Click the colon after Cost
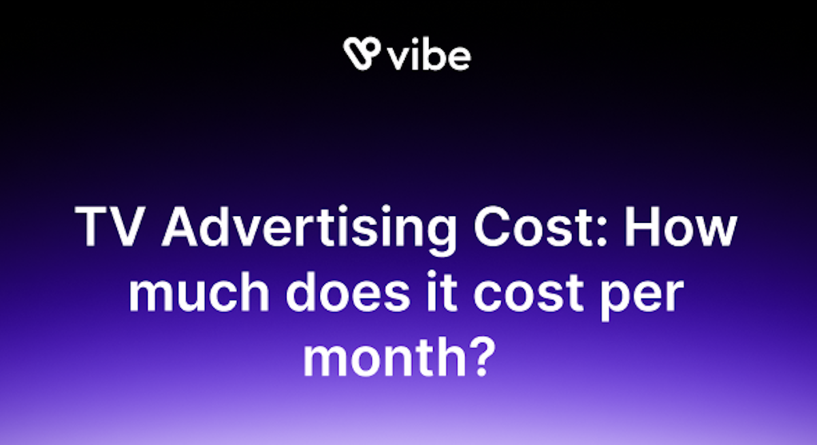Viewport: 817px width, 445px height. [602, 232]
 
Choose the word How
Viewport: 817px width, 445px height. [681, 226]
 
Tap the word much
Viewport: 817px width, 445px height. [199, 292]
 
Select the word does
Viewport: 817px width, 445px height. [348, 292]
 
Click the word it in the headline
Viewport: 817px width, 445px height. [442, 292]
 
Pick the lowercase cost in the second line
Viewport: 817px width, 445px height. [528, 294]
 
